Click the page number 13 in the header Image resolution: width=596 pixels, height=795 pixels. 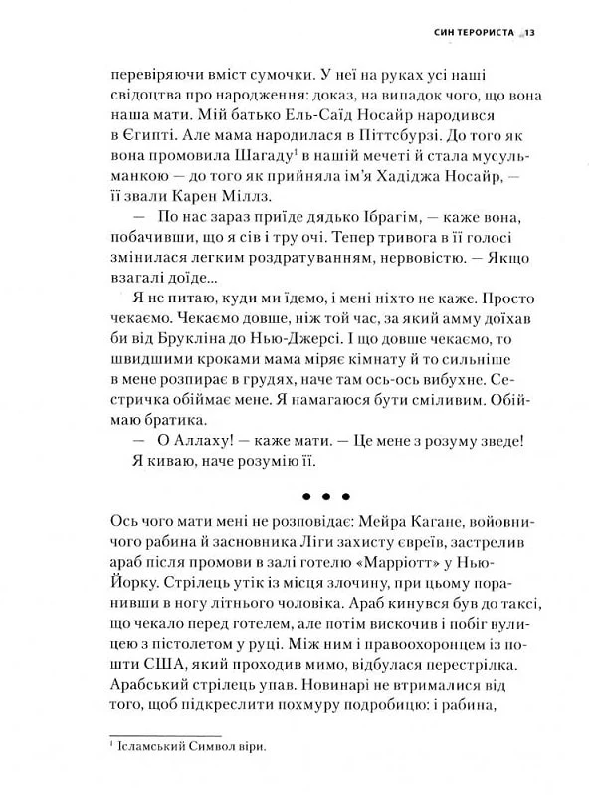pyautogui.click(x=530, y=33)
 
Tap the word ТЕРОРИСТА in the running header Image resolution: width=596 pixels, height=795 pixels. pyautogui.click(x=478, y=33)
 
